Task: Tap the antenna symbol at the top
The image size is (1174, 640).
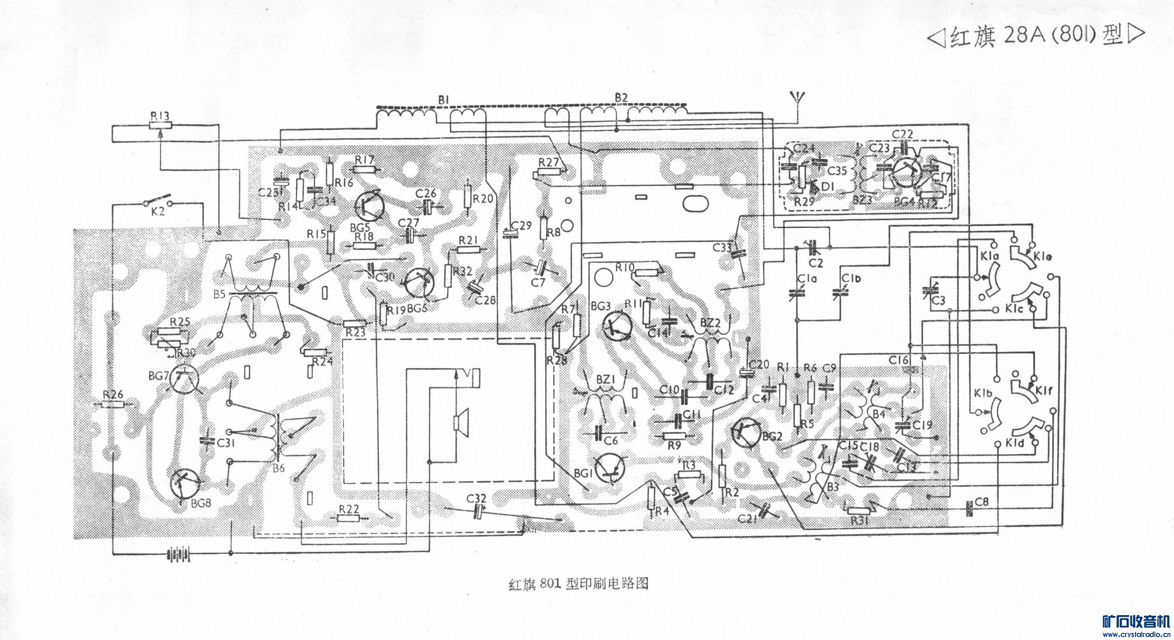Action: point(795,109)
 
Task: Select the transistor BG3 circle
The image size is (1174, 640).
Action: point(616,325)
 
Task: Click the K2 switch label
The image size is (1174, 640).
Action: point(158,212)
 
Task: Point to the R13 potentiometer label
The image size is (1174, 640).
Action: point(160,117)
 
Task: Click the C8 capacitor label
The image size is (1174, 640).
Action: point(982,502)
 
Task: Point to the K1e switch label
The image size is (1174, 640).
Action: point(1043,257)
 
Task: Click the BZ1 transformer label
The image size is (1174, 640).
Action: point(606,379)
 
